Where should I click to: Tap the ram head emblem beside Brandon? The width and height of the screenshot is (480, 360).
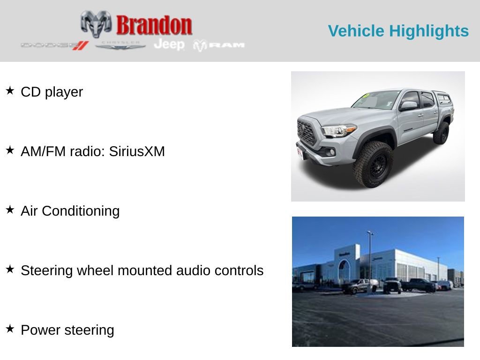tap(96, 23)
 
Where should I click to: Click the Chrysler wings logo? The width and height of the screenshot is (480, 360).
tap(120, 45)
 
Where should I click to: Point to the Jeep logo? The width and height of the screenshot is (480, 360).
tap(169, 44)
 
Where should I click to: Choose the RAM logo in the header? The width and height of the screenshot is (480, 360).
tap(219, 45)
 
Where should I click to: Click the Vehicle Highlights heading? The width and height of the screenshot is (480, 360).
tap(398, 31)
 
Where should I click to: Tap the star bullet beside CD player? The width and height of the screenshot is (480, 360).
tap(10, 90)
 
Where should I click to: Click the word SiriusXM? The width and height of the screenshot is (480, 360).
tap(137, 151)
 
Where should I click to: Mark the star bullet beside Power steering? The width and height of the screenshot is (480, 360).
tap(10, 329)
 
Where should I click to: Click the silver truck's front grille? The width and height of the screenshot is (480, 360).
tap(307, 133)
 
